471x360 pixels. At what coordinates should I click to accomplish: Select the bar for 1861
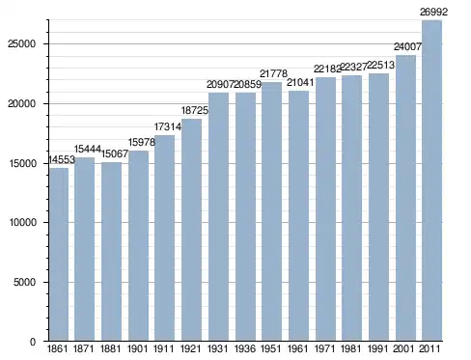click(59, 255)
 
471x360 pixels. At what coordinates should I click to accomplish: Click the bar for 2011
click(432, 180)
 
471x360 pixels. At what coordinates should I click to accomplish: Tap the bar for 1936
click(245, 217)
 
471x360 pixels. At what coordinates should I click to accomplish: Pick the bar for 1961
click(298, 216)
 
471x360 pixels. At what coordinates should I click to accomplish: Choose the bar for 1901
click(138, 246)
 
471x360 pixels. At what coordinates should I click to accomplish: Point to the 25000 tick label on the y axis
click(22, 44)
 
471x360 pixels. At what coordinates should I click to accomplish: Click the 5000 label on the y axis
click(24, 282)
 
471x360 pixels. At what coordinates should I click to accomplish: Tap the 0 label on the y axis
click(33, 342)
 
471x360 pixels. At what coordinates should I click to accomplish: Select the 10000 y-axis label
click(22, 223)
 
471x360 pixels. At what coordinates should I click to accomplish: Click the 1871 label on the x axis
click(84, 348)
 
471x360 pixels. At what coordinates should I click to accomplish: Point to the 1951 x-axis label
click(271, 348)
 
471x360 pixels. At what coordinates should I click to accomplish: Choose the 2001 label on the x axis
click(405, 348)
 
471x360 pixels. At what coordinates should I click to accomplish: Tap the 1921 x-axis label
click(191, 348)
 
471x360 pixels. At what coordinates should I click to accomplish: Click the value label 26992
click(433, 13)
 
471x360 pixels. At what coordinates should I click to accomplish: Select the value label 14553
click(62, 159)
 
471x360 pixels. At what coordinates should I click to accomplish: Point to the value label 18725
click(195, 111)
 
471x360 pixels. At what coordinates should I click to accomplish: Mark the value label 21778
click(273, 74)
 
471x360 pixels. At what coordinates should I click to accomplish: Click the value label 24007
click(407, 47)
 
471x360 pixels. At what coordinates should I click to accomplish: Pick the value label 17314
click(168, 127)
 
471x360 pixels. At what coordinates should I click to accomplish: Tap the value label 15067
click(115, 154)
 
